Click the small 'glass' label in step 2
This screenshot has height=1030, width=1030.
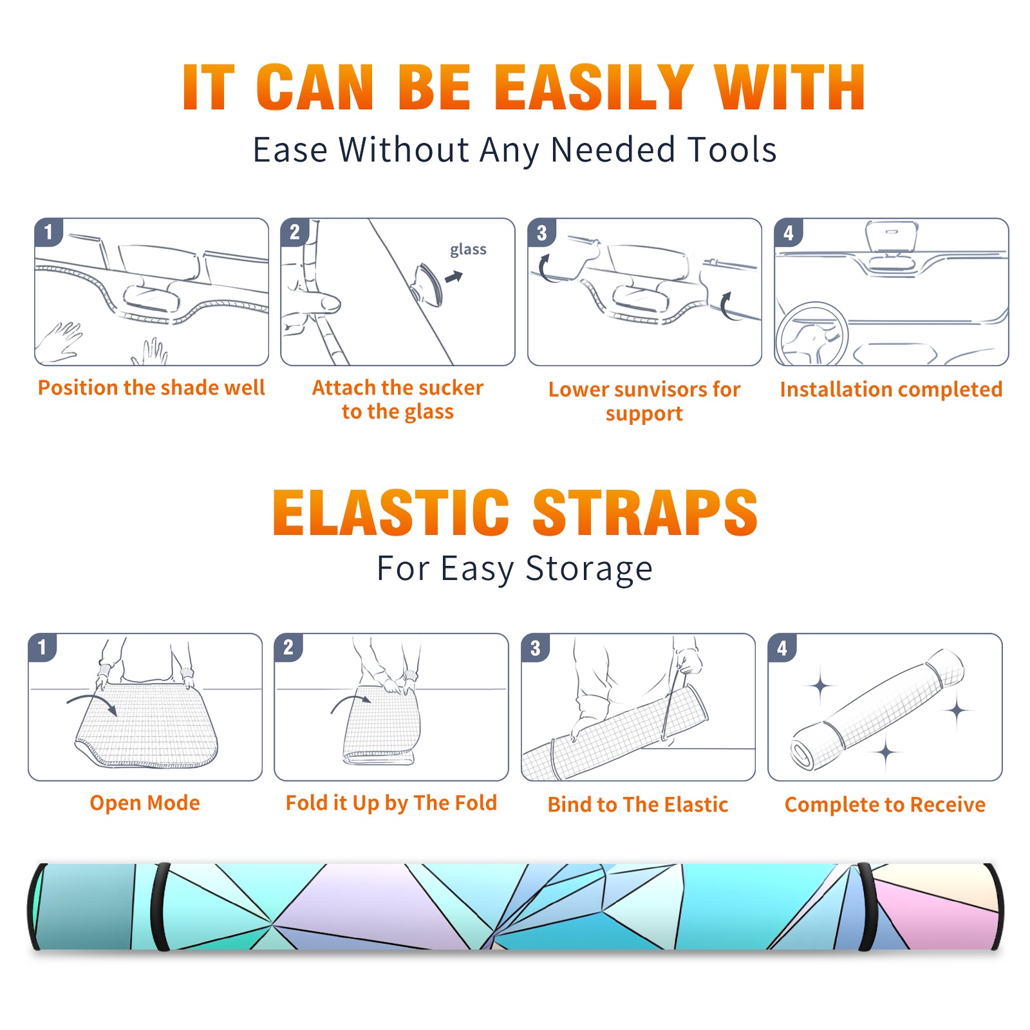pyautogui.click(x=468, y=250)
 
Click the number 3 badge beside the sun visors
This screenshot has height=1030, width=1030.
pyautogui.click(x=542, y=232)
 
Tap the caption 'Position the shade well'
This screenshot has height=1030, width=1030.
pyautogui.click(x=151, y=388)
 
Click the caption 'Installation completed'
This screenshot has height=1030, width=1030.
pyautogui.click(x=891, y=389)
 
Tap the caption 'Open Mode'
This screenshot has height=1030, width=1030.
pyautogui.click(x=145, y=803)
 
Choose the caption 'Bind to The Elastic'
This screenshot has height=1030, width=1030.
pyautogui.click(x=638, y=804)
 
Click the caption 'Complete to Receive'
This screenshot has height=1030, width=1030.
pyautogui.click(x=885, y=805)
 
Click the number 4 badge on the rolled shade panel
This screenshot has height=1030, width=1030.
pyautogui.click(x=782, y=648)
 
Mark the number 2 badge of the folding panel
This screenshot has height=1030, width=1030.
pyautogui.click(x=288, y=648)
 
